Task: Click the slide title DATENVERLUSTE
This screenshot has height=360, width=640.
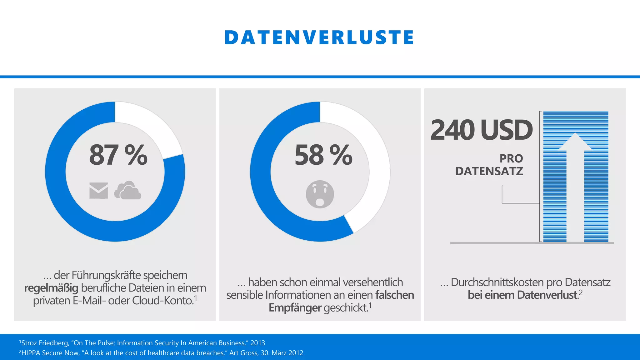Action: tap(319, 37)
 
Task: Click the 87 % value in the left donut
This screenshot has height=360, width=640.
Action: tap(118, 155)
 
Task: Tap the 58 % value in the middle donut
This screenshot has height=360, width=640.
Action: tap(323, 155)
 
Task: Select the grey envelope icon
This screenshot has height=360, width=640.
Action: tap(98, 191)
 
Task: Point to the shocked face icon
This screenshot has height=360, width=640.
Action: tap(320, 194)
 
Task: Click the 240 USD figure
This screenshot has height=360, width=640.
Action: tap(481, 130)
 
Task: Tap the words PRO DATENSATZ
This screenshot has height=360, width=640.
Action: tap(489, 165)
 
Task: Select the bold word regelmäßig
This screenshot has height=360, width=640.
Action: tap(51, 288)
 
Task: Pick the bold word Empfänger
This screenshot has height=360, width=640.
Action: tap(295, 308)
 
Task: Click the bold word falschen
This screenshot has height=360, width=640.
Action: tap(394, 295)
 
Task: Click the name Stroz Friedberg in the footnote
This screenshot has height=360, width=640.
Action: tap(44, 343)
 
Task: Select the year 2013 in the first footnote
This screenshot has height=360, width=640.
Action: tap(257, 343)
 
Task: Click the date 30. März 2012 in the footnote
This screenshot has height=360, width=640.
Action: tap(283, 353)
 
